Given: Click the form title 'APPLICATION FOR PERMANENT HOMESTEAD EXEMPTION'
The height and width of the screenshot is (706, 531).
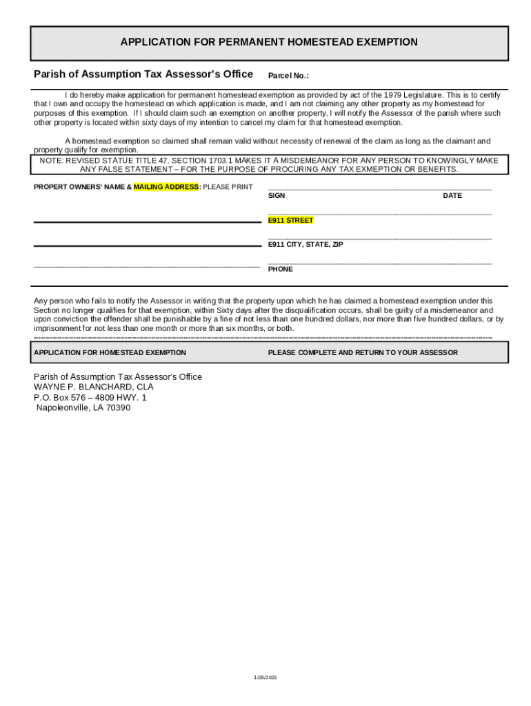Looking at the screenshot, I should [x=269, y=42].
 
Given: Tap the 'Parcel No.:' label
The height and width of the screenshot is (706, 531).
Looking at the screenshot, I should [x=288, y=76].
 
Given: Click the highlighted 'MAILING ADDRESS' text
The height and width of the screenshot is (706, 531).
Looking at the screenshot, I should [x=166, y=187].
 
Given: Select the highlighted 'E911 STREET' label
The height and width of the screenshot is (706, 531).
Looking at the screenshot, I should [x=290, y=221].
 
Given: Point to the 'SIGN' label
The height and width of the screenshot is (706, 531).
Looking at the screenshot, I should [x=277, y=196].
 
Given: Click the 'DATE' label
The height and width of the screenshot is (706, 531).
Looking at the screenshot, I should [x=452, y=196].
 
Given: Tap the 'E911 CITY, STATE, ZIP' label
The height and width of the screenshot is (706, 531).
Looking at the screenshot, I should [x=305, y=245].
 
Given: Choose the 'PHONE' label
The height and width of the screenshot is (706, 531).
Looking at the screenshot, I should [x=280, y=270].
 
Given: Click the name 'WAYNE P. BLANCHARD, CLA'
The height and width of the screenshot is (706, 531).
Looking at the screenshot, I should [x=94, y=387].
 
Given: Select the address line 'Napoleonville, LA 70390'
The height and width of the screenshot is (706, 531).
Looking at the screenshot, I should [x=83, y=407].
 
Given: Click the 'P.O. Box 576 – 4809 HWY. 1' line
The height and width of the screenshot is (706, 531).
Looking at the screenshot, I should [x=90, y=398].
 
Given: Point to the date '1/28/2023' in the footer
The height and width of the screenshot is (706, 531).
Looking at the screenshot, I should [x=265, y=678].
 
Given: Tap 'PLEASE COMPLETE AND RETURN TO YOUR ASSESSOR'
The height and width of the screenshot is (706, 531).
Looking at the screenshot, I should [x=363, y=352].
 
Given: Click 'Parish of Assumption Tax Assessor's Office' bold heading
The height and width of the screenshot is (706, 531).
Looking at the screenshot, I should [x=143, y=74].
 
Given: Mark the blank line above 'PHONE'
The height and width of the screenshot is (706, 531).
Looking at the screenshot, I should [x=379, y=263].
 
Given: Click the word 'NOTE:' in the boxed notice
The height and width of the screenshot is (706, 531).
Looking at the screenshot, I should [x=52, y=160].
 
